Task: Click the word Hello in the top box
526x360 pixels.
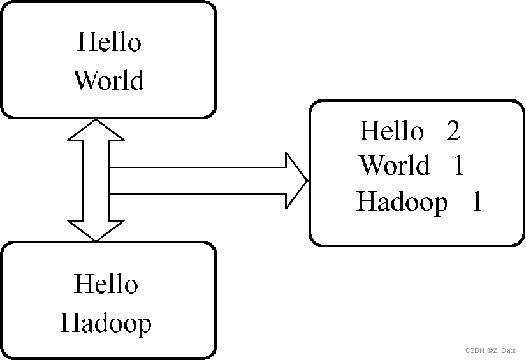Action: point(108,42)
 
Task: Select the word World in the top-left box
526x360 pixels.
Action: point(108,80)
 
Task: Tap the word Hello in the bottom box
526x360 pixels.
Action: point(106,284)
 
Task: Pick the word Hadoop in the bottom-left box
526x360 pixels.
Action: point(106,322)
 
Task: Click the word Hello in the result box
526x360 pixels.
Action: point(391,131)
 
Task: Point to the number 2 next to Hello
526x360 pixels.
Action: point(453,131)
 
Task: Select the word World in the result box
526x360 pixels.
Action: point(395,166)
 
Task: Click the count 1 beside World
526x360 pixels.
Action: point(458,166)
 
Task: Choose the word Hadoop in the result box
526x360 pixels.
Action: point(402,202)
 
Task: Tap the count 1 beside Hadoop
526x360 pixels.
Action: point(476,202)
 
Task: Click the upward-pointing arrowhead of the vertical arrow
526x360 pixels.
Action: point(96,131)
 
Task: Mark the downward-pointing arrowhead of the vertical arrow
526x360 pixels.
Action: point(96,231)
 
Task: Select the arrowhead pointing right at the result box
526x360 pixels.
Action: point(296,180)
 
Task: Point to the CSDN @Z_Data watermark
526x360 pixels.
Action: point(490,350)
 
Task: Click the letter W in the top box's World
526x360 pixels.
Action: point(85,80)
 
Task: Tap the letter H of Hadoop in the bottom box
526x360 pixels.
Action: point(69,322)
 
